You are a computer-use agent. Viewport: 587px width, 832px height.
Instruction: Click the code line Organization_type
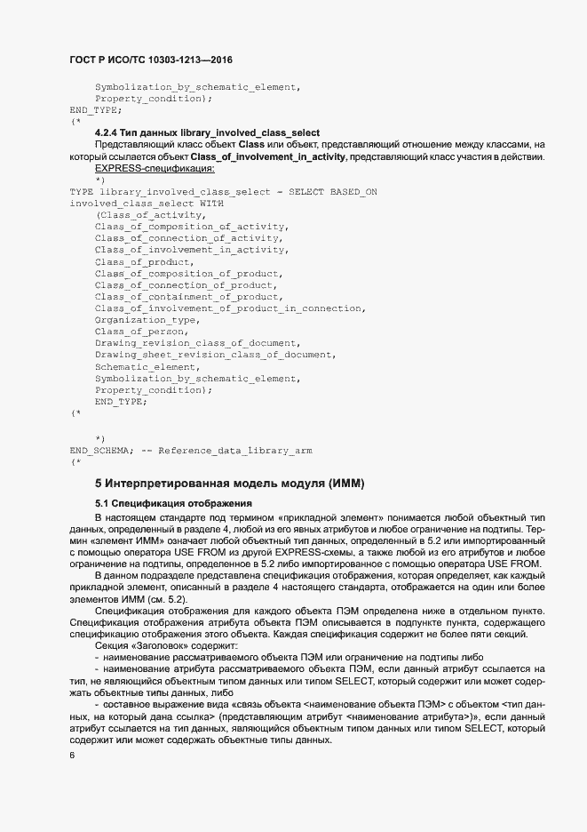[x=147, y=319]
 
